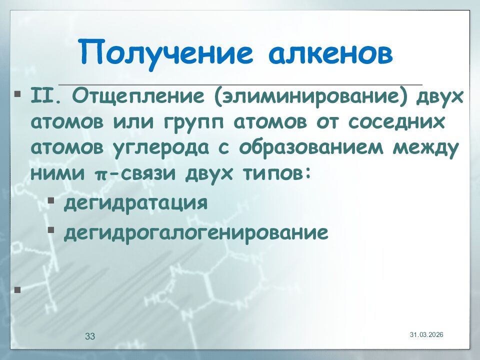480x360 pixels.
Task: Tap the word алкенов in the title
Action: coord(326,53)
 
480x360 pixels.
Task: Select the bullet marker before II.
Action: coord(18,93)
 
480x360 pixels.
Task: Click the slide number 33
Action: coord(90,336)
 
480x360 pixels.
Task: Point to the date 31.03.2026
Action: coord(426,334)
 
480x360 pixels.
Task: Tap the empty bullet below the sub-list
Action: coord(18,289)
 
